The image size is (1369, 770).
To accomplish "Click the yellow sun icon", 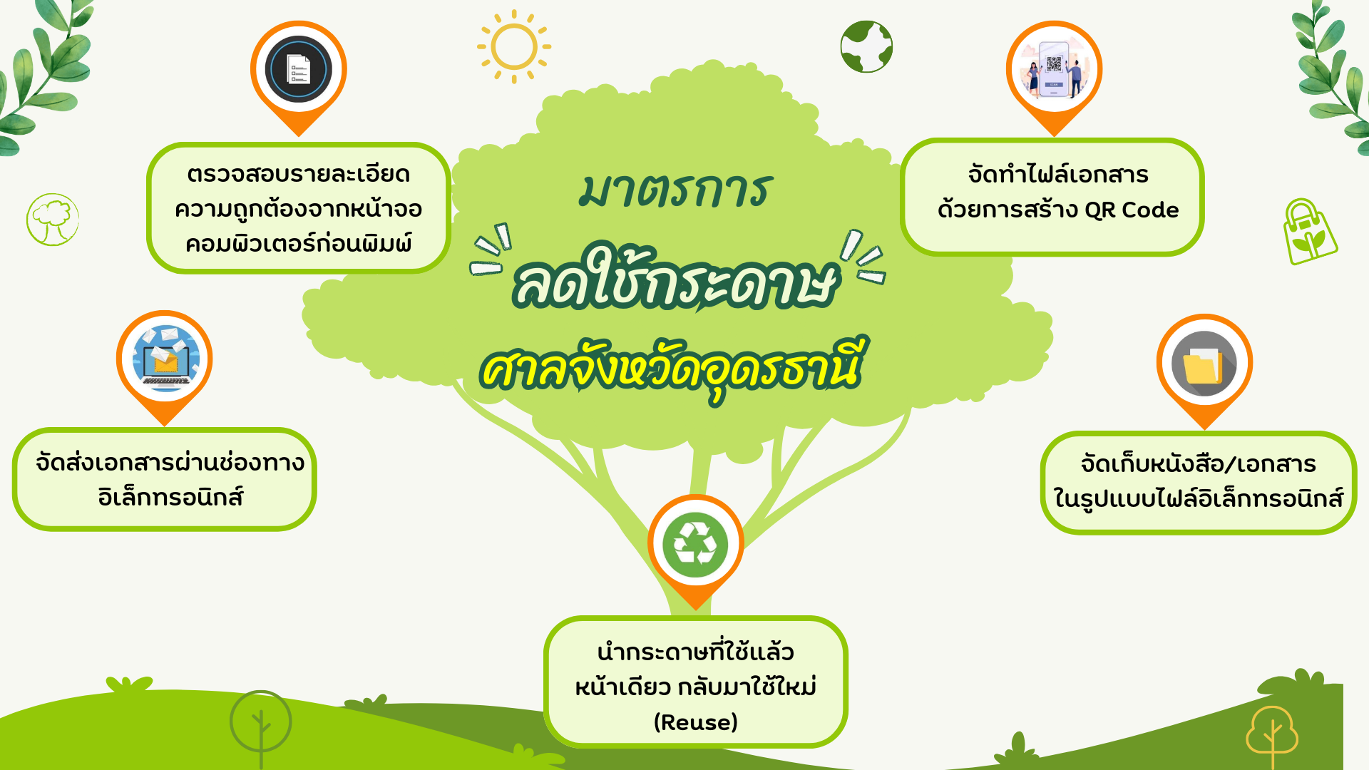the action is [x=513, y=47].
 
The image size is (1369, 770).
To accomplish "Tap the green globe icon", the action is [x=866, y=46].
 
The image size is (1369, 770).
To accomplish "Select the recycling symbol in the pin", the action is [x=695, y=545].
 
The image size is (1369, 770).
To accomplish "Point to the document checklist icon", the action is [x=299, y=70].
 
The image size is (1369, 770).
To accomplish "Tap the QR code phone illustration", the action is [x=1054, y=69].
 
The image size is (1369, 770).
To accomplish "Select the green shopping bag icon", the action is [x=1309, y=232].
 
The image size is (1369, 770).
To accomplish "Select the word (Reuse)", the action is [x=696, y=722].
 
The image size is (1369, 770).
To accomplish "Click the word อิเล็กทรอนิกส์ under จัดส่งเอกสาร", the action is [x=171, y=496].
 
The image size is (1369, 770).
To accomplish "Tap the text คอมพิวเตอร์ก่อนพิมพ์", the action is [x=299, y=243].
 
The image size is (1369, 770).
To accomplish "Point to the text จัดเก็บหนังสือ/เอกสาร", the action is [x=1199, y=463].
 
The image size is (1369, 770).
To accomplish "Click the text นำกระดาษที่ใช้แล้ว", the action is [x=696, y=650].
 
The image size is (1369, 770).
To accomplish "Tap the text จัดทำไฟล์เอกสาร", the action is [x=1058, y=174].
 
